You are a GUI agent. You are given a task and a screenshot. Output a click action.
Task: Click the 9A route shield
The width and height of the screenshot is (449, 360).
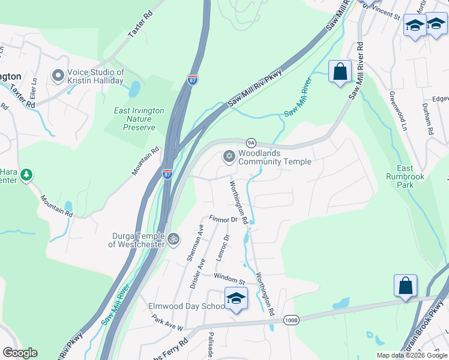[x=252, y=142]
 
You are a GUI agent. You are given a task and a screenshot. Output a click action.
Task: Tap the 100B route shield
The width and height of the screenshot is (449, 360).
[x=291, y=320]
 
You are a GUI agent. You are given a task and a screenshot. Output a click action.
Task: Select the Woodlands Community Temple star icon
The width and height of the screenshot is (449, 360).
[x=228, y=157]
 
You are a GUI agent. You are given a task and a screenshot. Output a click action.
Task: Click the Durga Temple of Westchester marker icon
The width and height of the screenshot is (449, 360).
[x=173, y=238]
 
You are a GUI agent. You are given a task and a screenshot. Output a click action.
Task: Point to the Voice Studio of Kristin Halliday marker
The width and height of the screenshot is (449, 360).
[x=58, y=76]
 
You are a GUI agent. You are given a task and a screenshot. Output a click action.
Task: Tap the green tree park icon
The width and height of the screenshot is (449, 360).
[x=26, y=175]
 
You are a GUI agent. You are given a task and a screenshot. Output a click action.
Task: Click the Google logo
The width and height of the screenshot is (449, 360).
[x=20, y=353]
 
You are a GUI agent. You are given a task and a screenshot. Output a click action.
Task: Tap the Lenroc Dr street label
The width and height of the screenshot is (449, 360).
[x=221, y=247]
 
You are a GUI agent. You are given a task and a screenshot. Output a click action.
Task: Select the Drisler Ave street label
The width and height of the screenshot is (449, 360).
[x=197, y=274]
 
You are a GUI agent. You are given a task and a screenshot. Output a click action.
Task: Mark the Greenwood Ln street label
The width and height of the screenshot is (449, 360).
[x=397, y=112]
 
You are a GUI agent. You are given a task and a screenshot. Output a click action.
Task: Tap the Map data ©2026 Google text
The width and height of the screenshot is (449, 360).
[x=411, y=355]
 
